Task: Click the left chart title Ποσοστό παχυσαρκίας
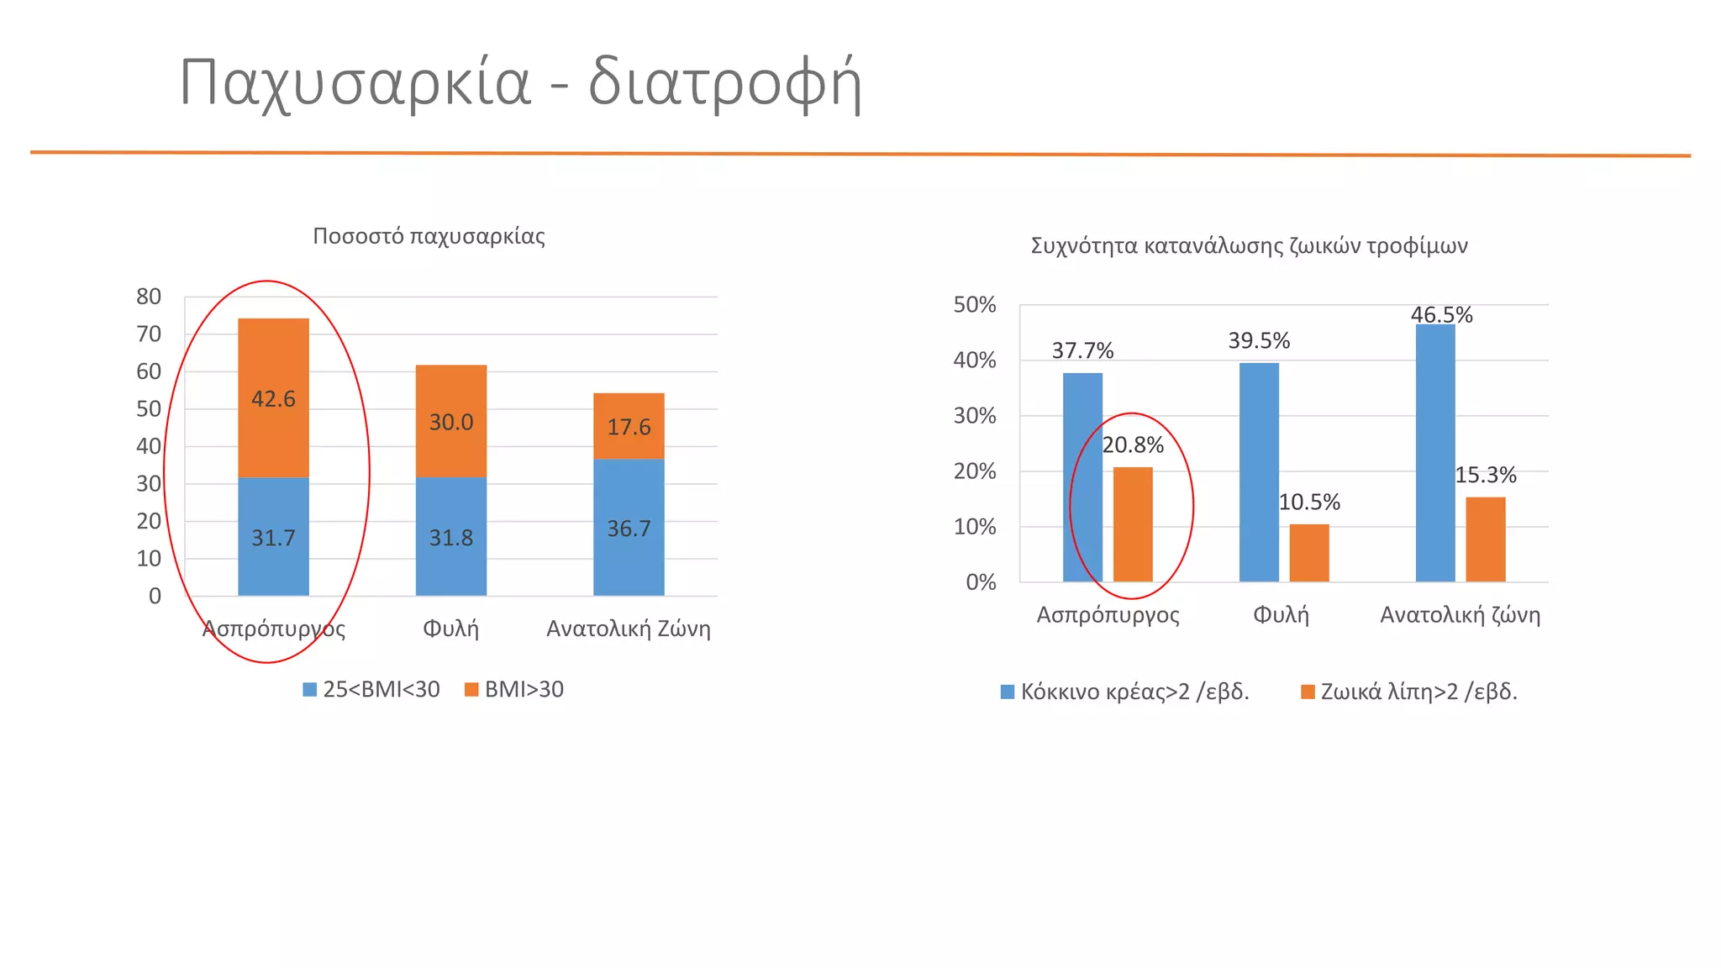(x=429, y=236)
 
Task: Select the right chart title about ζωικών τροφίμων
(x=1249, y=246)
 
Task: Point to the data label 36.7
(x=629, y=529)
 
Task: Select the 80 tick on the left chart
(x=149, y=297)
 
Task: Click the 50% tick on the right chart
(x=974, y=305)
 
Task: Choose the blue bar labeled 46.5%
(x=1435, y=454)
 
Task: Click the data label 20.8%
(x=1133, y=445)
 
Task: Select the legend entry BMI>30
(x=514, y=690)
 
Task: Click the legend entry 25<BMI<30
(x=371, y=690)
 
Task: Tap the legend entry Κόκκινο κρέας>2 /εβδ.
(x=1125, y=692)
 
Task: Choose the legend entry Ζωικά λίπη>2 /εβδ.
(x=1409, y=692)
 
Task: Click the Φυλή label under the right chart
(x=1281, y=615)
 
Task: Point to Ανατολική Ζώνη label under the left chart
(x=629, y=629)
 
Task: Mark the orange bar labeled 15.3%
(x=1486, y=539)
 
